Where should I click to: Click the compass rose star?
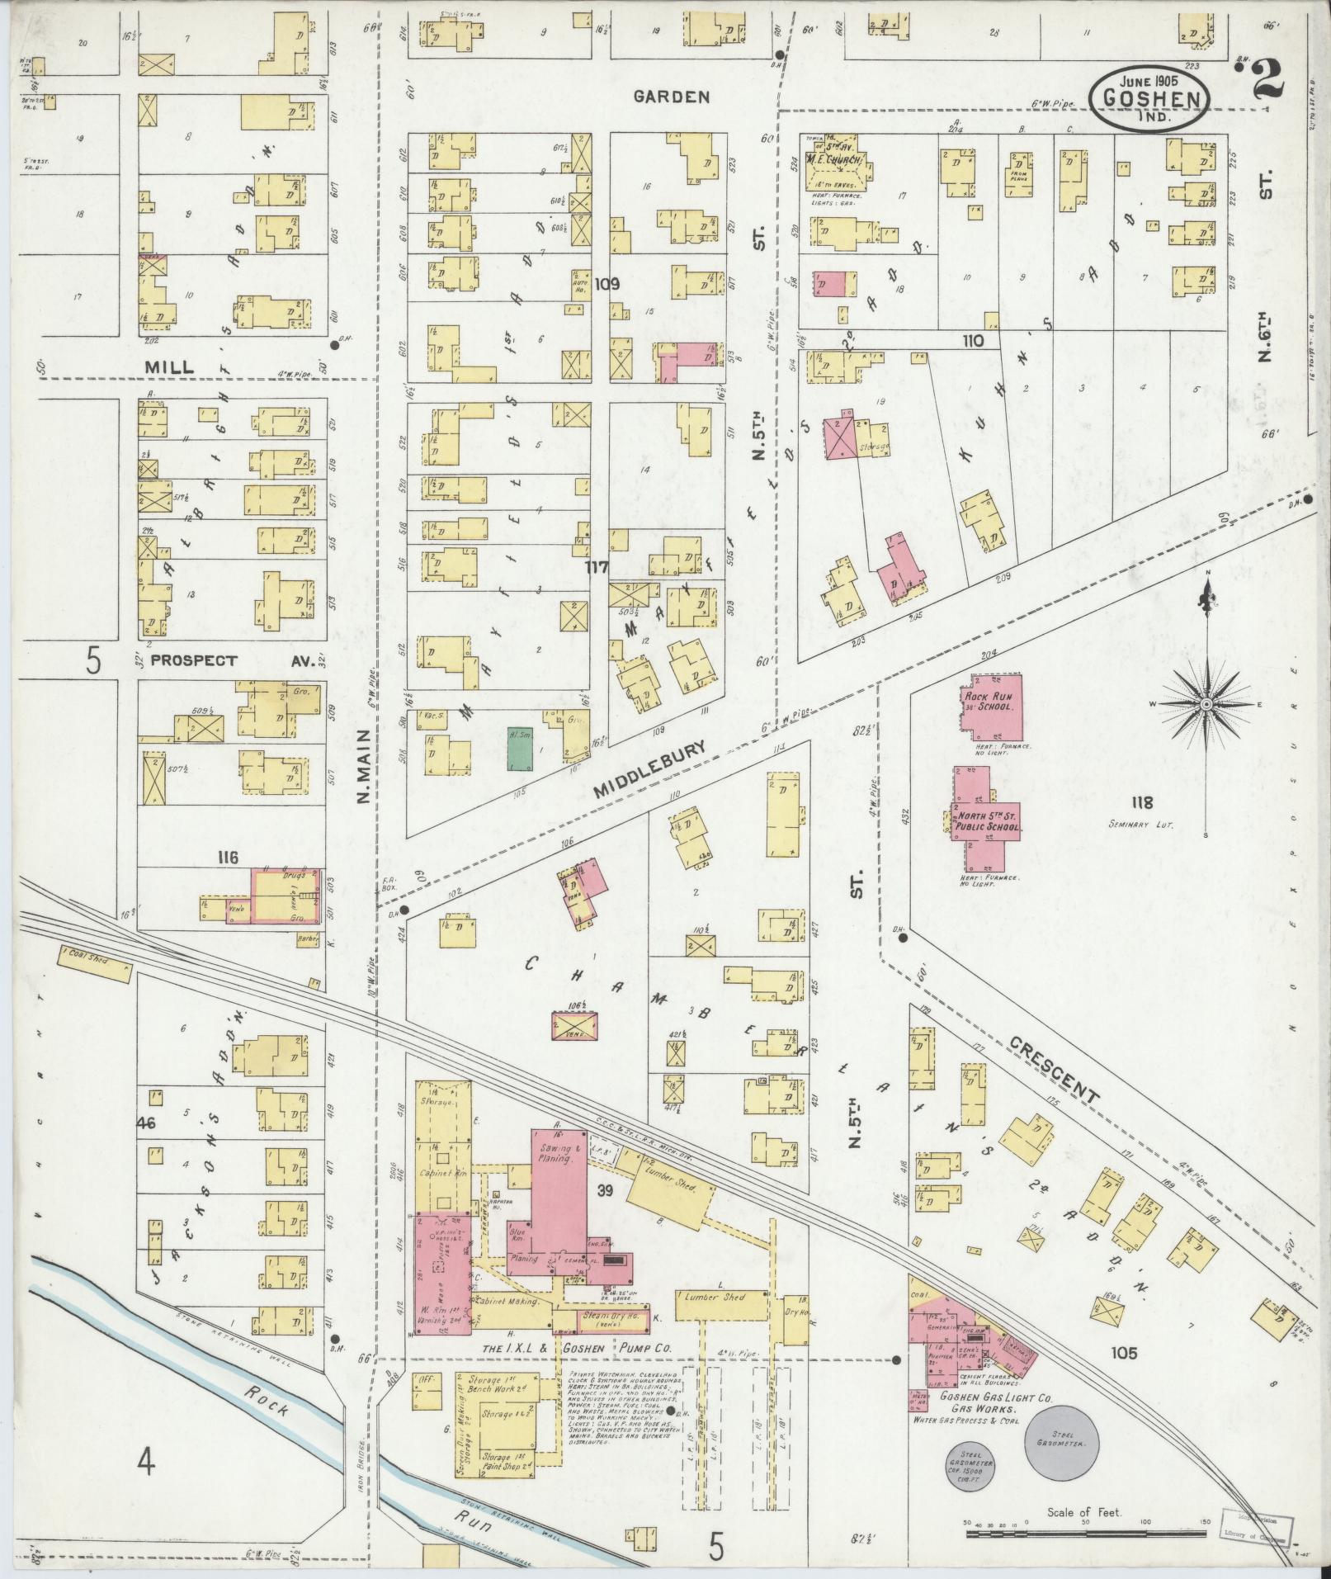(1206, 703)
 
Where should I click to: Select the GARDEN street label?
(671, 97)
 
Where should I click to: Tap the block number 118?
(1142, 801)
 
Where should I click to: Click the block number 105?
(1123, 1352)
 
